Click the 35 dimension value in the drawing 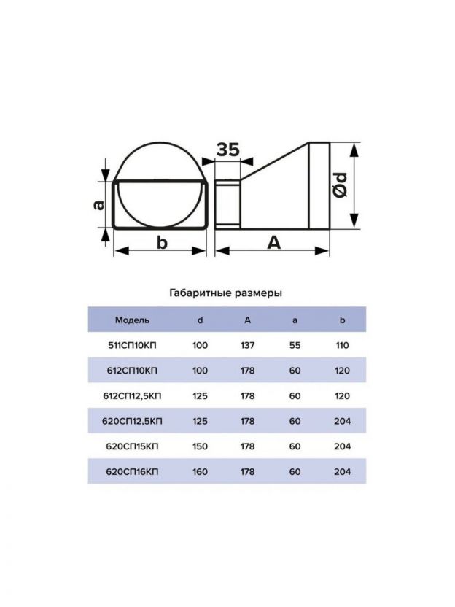(228, 150)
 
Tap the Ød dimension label (341, 186)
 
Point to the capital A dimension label (273, 243)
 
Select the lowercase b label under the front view (162, 243)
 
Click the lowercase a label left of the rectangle (99, 204)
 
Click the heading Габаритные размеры (226, 293)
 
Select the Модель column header (132, 320)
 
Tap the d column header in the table (200, 320)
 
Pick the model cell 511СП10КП (132, 345)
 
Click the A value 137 (248, 345)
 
